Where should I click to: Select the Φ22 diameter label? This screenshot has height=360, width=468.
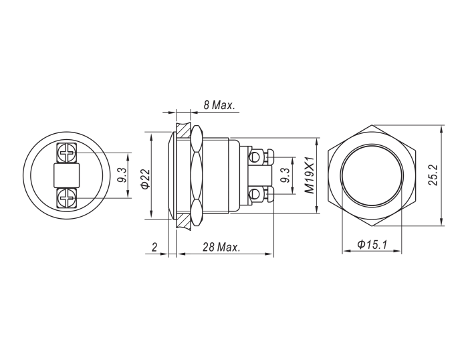(145, 179)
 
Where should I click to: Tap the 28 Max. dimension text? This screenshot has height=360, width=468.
(221, 248)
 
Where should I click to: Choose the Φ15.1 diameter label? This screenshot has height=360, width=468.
(372, 245)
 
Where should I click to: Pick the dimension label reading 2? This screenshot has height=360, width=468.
(154, 248)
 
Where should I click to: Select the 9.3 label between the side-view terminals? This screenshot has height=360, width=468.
(285, 176)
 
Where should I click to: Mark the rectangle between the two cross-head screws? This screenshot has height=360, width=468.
(66, 176)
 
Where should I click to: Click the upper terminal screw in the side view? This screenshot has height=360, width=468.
(255, 158)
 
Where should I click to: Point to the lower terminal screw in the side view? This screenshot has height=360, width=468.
(255, 195)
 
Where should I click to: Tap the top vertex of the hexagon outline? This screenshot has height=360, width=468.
(372, 126)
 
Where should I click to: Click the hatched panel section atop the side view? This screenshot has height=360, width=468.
(183, 127)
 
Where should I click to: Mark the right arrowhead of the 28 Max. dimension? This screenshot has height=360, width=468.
(271, 255)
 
